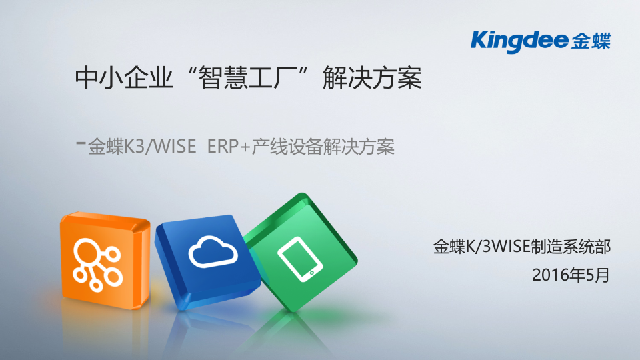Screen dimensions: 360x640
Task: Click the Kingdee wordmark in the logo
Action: tap(519, 41)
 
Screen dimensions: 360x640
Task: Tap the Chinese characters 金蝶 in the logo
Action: tap(591, 41)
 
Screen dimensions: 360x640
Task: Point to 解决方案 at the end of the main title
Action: tap(372, 80)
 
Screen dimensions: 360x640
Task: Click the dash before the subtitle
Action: tap(81, 143)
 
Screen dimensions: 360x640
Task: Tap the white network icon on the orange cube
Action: tap(95, 260)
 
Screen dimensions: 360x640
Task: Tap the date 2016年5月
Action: tap(571, 275)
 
